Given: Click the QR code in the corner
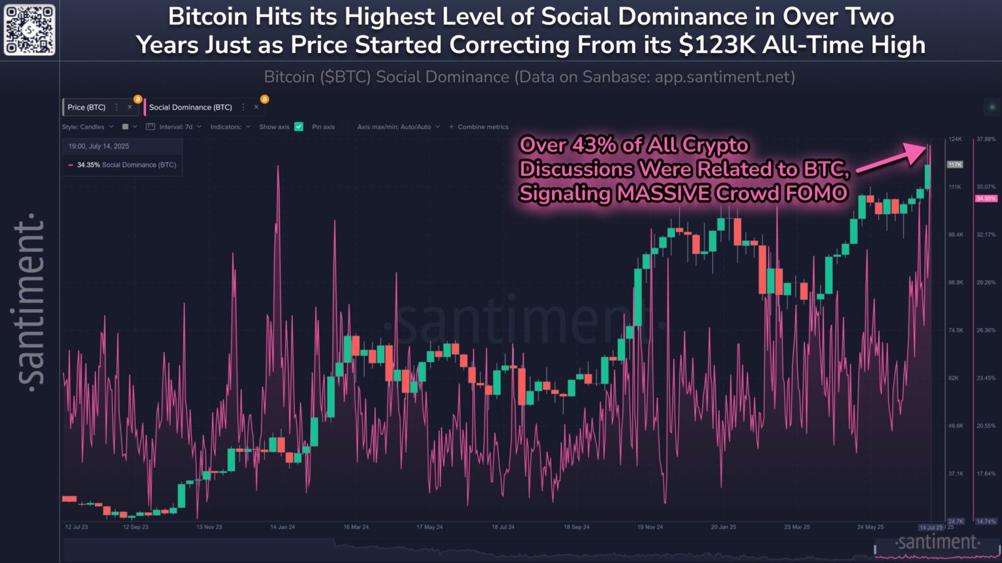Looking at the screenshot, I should click(x=29, y=29).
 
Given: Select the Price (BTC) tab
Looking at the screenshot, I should click(x=86, y=107).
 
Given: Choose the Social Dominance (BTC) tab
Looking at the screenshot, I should click(x=190, y=107).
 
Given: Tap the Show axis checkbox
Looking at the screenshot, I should click(x=299, y=127).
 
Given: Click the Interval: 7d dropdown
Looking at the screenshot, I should click(x=175, y=127).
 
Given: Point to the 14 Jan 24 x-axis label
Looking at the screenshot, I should click(x=282, y=526).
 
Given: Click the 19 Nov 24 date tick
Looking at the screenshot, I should click(x=650, y=526).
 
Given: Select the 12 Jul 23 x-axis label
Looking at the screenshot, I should click(x=76, y=526).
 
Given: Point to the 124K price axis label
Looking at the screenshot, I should click(x=955, y=139).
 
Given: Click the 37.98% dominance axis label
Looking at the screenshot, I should click(x=986, y=139).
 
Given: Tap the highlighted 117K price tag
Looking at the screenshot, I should click(x=955, y=164).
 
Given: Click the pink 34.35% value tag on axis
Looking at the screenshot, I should click(x=986, y=198).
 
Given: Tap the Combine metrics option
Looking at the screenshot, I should click(x=482, y=127).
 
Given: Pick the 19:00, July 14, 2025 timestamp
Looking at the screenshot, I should click(x=99, y=146).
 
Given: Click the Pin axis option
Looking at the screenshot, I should click(x=323, y=127).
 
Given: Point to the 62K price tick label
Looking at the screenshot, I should click(x=953, y=378).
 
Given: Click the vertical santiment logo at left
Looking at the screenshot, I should click(x=30, y=300).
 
